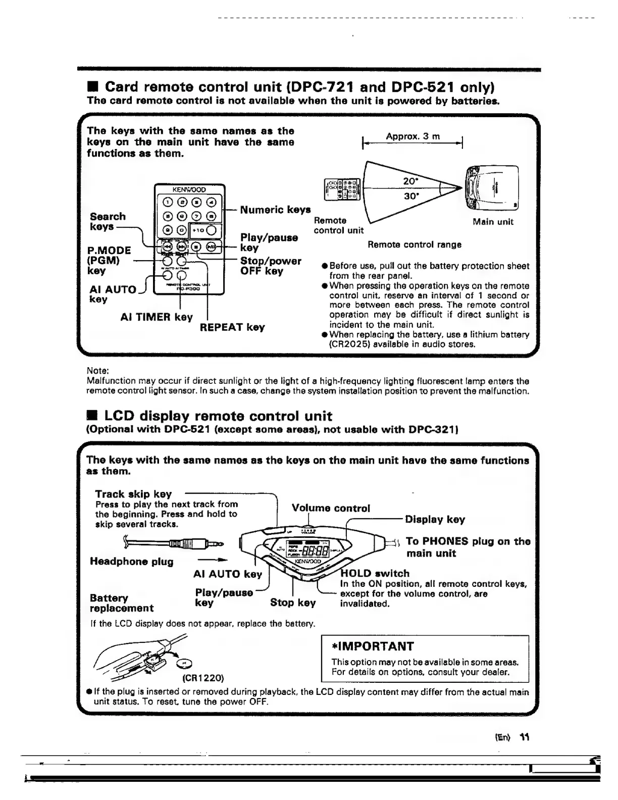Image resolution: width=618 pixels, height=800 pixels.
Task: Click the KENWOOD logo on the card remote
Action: pyautogui.click(x=189, y=190)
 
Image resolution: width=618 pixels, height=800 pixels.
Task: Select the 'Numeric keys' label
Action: pyautogui.click(x=275, y=210)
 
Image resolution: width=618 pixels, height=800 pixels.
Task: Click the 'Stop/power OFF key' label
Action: pyautogui.click(x=271, y=266)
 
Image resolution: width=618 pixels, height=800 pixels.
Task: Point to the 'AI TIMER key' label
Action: pyautogui.click(x=157, y=317)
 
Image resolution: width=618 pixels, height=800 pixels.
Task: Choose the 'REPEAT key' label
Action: pyautogui.click(x=232, y=327)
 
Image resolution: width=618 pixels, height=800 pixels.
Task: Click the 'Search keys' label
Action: pyautogui.click(x=107, y=221)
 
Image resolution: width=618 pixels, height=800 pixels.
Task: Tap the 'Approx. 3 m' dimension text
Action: pyautogui.click(x=413, y=136)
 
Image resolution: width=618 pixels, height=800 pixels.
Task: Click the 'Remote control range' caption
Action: pyautogui.click(x=415, y=244)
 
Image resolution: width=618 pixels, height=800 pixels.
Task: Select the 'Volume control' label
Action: pyautogui.click(x=331, y=508)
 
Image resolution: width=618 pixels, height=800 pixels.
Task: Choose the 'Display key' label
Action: pyautogui.click(x=435, y=519)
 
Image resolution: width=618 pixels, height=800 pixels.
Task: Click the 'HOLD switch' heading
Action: pyautogui.click(x=375, y=573)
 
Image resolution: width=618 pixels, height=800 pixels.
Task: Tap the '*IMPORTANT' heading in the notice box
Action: pyautogui.click(x=373, y=646)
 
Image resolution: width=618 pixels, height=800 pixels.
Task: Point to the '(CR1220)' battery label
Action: pyautogui.click(x=202, y=677)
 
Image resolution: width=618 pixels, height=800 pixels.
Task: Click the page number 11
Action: pyautogui.click(x=525, y=737)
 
